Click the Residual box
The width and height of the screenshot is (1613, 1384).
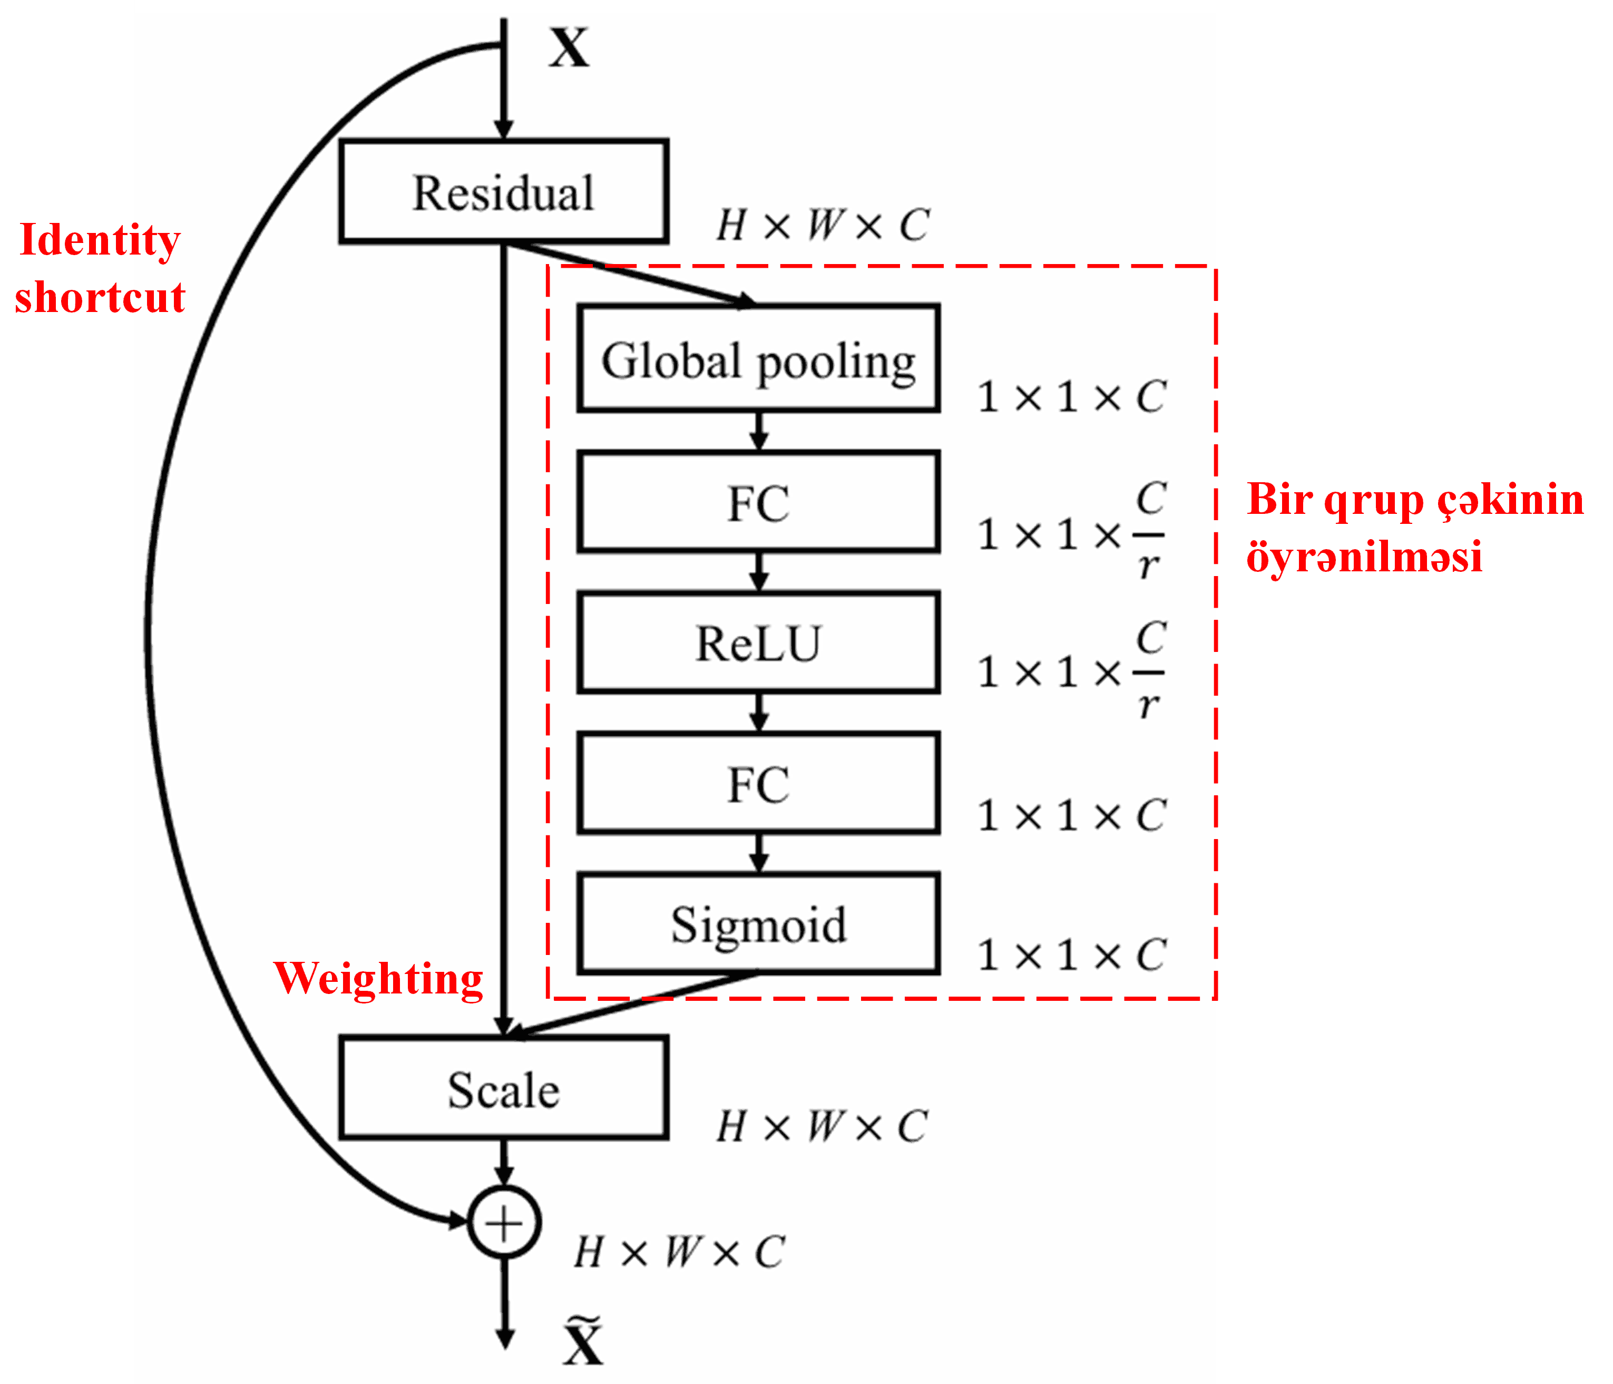click(x=504, y=191)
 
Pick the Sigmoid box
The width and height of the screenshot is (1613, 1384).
click(x=758, y=923)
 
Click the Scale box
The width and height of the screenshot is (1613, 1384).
click(x=504, y=1088)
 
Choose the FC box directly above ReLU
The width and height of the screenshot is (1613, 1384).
click(x=758, y=502)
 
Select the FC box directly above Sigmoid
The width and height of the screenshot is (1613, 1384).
click(x=758, y=783)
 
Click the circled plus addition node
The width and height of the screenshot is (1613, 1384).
click(x=504, y=1222)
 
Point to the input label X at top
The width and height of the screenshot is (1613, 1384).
click(x=569, y=48)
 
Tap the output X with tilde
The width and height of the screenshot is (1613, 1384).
click(x=583, y=1340)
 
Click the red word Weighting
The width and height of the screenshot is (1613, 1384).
click(x=378, y=979)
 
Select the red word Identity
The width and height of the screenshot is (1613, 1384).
click(x=100, y=240)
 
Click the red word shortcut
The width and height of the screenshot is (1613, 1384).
click(x=100, y=297)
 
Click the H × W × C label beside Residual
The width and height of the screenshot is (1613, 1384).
click(x=822, y=226)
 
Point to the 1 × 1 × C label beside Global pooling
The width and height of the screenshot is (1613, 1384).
click(x=1071, y=397)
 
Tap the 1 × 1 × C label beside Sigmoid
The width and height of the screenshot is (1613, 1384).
click(x=1071, y=955)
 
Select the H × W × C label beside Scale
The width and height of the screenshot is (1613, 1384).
click(x=822, y=1126)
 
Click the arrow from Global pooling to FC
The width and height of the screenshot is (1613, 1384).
click(x=759, y=431)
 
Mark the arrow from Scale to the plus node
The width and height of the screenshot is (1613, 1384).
click(x=504, y=1162)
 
